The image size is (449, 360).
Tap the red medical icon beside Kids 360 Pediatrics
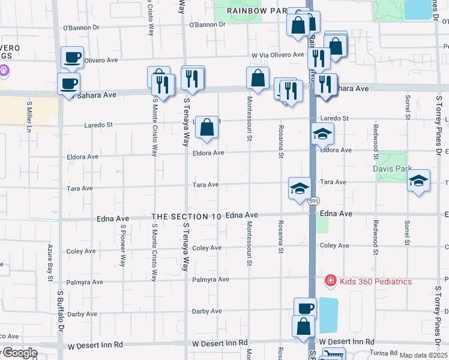pyautogui.click(x=330, y=280)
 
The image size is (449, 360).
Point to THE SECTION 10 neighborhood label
pyautogui.click(x=187, y=216)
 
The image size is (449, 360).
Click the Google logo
pyautogui.click(x=19, y=353)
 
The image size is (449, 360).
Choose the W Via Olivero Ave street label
pyautogui.click(x=277, y=55)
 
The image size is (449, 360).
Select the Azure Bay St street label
pyautogui.click(x=50, y=259)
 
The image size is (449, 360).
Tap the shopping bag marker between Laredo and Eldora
pyautogui.click(x=206, y=127)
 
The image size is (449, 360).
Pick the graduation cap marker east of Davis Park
pyautogui.click(x=418, y=181)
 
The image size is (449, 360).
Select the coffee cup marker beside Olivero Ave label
pyautogui.click(x=72, y=57)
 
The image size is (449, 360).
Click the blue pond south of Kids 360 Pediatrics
pyautogui.click(x=328, y=315)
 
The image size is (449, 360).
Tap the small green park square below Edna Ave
pyautogui.click(x=322, y=224)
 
